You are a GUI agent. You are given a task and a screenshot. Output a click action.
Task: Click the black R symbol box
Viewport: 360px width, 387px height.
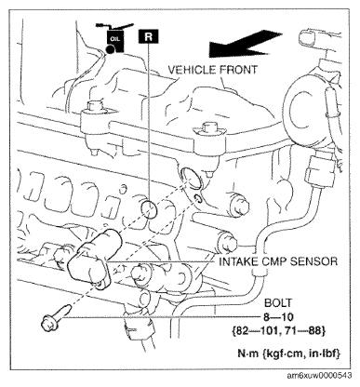[149, 36]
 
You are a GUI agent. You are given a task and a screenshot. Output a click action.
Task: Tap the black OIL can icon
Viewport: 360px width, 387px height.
[115, 38]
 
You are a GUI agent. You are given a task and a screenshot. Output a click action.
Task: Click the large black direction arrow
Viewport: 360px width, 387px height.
[245, 44]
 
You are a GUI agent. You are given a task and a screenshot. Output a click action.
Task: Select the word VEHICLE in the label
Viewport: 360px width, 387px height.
[193, 70]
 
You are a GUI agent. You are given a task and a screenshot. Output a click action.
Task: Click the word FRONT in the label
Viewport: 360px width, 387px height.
[239, 70]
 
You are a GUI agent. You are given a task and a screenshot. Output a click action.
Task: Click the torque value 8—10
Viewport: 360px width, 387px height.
[278, 317]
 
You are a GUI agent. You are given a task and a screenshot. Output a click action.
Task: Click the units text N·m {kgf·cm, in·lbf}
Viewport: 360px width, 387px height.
[288, 354]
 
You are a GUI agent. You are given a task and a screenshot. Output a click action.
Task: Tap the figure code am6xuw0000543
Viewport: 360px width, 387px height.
[319, 376]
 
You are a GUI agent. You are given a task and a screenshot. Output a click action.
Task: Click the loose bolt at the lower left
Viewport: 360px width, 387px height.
[56, 318]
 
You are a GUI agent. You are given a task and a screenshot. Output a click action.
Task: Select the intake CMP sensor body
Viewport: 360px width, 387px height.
[92, 259]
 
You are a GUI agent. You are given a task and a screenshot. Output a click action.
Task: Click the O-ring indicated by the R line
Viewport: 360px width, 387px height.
[149, 210]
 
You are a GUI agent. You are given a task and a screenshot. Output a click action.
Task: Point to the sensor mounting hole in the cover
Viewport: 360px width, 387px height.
[192, 178]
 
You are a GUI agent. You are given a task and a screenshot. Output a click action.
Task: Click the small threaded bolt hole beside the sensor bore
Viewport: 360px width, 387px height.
[197, 199]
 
